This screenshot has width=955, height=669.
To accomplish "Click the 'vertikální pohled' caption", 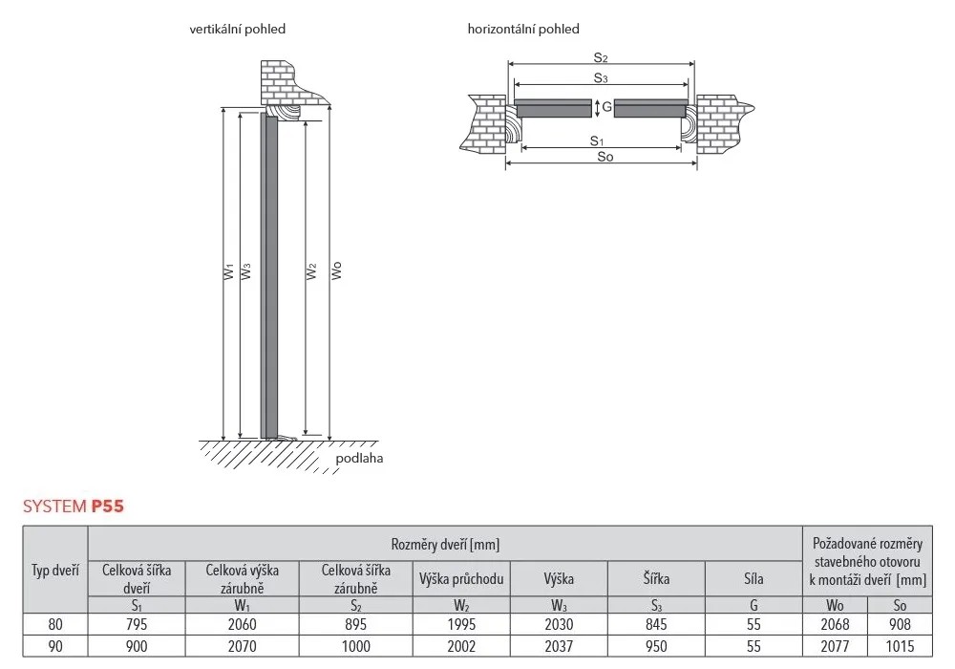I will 237,29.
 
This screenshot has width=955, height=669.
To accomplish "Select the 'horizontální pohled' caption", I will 523,29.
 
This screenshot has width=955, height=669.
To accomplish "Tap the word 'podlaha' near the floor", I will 359,458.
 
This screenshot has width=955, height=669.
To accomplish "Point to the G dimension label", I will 607,108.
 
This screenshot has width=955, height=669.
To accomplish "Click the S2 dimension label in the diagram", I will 601,58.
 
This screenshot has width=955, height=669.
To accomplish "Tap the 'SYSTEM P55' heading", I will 74,507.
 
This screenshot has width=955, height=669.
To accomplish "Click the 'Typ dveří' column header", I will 55,571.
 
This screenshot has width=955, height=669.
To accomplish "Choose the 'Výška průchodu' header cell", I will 462,578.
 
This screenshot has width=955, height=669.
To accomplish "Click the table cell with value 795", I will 137,624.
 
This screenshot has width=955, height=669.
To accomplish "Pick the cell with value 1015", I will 900,646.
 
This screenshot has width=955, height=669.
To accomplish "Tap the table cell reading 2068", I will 836,624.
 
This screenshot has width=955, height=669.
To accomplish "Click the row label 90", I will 55,646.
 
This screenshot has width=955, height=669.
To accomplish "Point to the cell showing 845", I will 656,624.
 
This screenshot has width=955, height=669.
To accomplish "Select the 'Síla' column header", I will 753,578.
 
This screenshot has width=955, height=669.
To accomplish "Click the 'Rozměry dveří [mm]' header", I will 445,544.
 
